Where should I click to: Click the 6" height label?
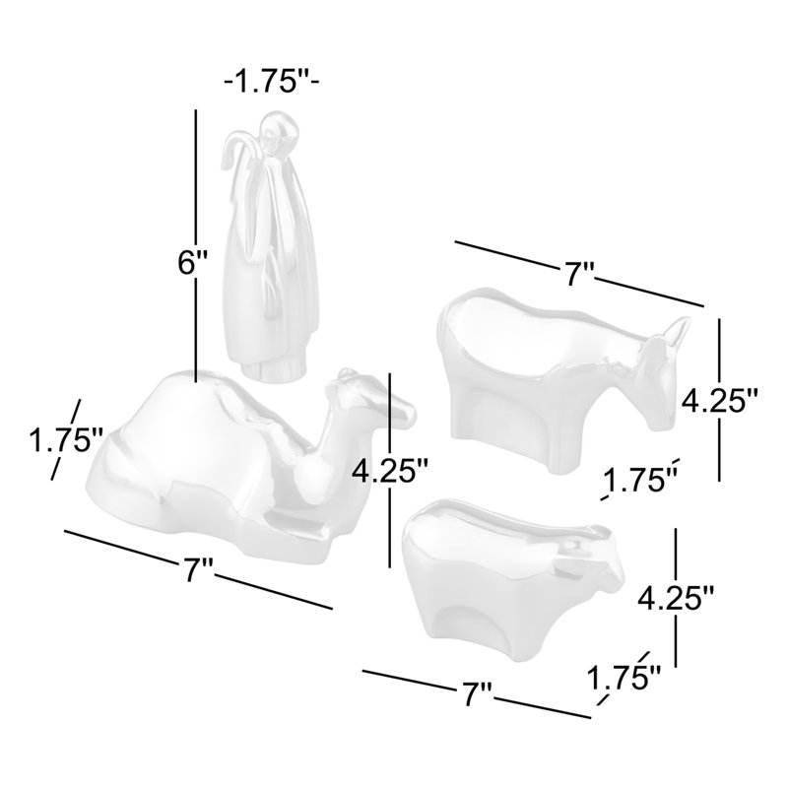point(192,263)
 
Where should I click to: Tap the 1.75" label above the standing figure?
point(272,81)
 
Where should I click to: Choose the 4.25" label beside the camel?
point(389,472)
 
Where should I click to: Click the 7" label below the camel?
point(199,569)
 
